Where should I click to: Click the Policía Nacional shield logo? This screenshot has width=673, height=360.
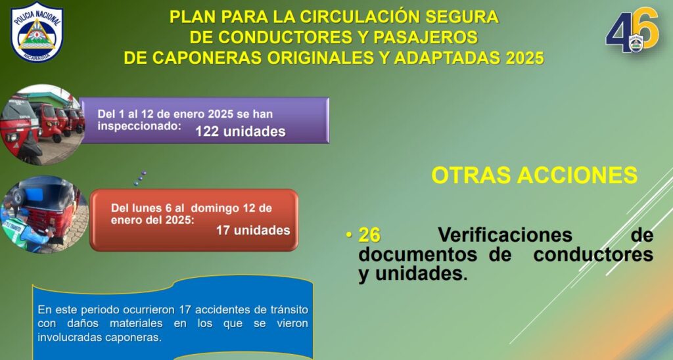click(x=37, y=32)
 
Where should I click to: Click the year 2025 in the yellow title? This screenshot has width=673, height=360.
click(x=524, y=58)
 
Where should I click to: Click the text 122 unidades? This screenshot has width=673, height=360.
click(x=241, y=131)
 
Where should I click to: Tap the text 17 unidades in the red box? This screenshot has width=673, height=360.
click(x=253, y=231)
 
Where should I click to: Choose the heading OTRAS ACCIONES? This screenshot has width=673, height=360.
click(x=534, y=175)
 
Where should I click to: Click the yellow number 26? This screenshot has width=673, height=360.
click(x=369, y=235)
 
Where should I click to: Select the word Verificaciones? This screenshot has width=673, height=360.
click(x=505, y=235)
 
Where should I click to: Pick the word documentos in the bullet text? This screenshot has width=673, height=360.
click(x=417, y=254)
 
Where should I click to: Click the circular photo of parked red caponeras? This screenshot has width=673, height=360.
click(x=41, y=124)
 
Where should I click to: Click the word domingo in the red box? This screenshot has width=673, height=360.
click(x=215, y=208)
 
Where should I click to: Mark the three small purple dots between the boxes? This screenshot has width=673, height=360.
click(x=140, y=179)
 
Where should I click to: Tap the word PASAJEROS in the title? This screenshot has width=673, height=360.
click(x=425, y=37)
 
